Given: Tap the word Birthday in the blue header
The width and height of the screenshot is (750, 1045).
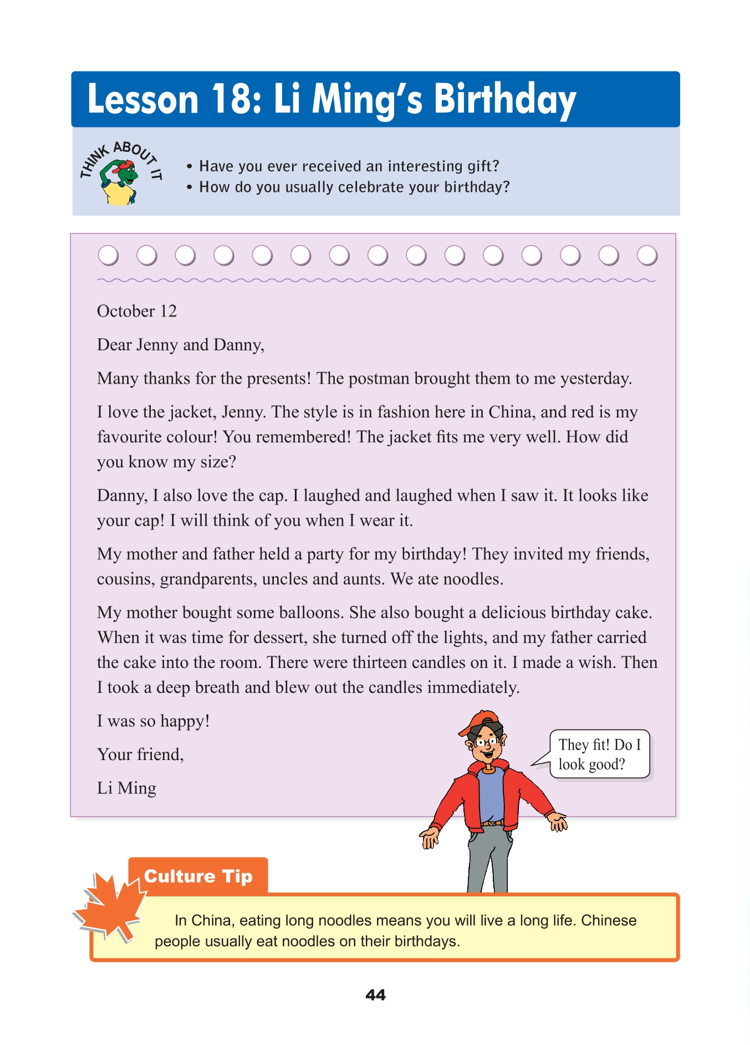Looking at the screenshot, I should point(504,100).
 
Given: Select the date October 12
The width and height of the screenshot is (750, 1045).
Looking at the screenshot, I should point(137,311).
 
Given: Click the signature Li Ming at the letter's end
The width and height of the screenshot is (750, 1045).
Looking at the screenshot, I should point(126,788).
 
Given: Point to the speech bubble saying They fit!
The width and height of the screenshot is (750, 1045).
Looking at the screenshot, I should point(599,754).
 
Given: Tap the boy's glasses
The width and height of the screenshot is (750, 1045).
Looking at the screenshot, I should point(486,741).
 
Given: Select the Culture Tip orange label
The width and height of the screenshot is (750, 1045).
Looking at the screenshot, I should point(198,876).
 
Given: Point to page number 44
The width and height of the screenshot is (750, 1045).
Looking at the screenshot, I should point(375,995).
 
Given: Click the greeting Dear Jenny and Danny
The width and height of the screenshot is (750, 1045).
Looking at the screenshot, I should point(180,345).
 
